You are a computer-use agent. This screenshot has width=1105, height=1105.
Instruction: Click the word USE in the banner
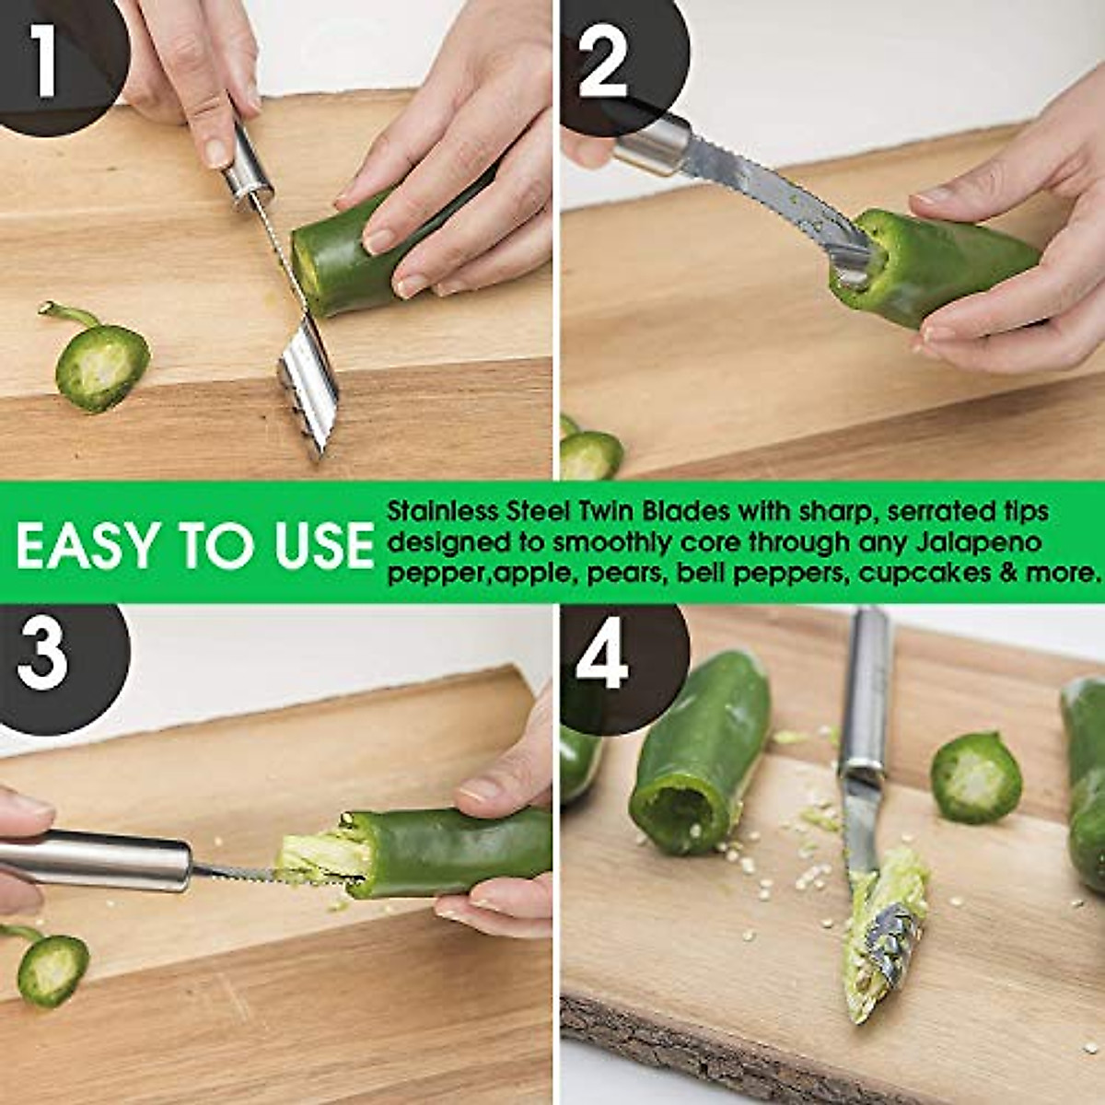coord(324,545)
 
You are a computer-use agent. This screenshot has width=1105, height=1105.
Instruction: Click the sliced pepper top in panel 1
coord(101,366)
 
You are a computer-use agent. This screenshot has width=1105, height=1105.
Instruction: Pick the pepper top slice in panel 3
coord(52,969)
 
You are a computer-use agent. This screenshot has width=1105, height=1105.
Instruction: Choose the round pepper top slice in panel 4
coord(976,778)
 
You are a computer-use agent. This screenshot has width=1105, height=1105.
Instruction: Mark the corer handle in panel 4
coord(867,691)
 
